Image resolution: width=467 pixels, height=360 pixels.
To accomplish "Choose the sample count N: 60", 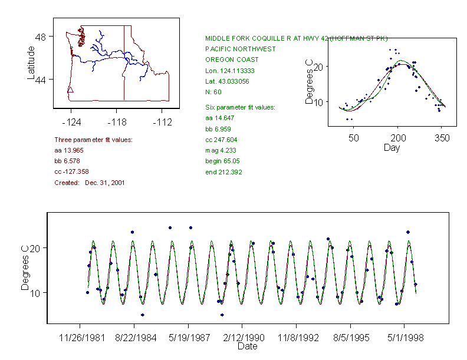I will (x=213, y=93).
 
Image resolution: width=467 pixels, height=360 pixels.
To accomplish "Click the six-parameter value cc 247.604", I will (x=222, y=140).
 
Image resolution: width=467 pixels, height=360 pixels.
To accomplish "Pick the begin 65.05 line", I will (x=222, y=161).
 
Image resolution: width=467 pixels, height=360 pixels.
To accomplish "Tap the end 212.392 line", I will (x=223, y=172).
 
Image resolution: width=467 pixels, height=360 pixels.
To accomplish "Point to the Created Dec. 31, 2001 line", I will (x=90, y=183).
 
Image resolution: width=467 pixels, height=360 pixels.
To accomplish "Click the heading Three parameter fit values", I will (x=93, y=140).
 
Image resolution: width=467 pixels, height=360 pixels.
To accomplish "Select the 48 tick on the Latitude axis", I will (x=41, y=37).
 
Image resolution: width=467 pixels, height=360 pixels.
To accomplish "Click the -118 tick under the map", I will (x=116, y=122).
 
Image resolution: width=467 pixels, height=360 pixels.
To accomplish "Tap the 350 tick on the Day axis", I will (x=442, y=138).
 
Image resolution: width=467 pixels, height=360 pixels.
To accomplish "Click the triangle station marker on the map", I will (x=70, y=90).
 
